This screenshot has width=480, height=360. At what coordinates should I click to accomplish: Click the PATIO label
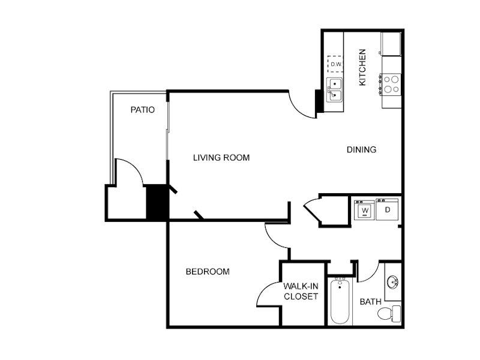143,110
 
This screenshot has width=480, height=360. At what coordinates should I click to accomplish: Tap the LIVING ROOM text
221,158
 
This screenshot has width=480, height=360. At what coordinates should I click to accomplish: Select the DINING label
362,149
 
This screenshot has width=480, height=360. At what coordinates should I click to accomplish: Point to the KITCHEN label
362,67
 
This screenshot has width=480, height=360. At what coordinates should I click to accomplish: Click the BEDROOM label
208,272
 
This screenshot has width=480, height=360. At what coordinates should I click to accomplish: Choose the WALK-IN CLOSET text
301,291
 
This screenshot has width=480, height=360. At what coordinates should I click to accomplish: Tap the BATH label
370,302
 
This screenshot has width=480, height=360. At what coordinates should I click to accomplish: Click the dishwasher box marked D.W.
335,64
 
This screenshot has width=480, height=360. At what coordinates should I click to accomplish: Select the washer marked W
364,210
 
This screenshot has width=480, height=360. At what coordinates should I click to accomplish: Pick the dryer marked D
387,209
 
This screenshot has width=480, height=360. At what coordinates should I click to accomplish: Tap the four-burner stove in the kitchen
391,85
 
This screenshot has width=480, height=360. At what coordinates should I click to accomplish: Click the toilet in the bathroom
389,313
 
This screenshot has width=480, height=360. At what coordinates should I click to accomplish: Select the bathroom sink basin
392,281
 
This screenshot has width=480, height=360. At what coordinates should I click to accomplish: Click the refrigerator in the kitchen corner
391,43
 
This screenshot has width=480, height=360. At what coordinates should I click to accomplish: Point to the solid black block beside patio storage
157,202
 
